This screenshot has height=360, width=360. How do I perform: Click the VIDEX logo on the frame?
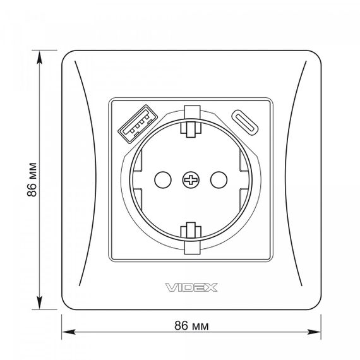point(191,287)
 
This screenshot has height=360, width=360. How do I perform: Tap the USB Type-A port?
point(138,124)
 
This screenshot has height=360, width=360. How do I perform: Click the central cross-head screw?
point(191,180)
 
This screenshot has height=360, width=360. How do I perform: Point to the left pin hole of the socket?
point(163,180)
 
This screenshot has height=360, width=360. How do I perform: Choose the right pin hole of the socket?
point(219,180)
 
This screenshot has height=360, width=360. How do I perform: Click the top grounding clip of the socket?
point(191,121)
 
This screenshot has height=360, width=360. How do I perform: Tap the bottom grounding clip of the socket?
point(191,238)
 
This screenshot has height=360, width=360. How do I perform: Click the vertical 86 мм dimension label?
point(32,179)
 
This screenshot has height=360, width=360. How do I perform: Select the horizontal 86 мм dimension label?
point(191,325)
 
